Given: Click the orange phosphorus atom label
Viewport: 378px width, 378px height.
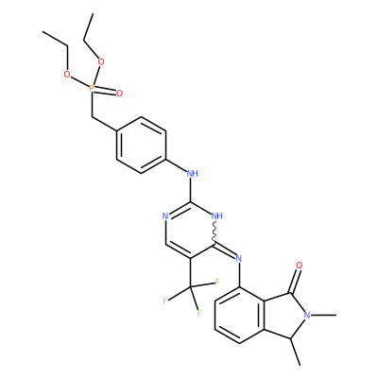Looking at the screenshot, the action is tap(92, 88).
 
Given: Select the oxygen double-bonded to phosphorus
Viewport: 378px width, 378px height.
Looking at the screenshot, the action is tap(119, 94).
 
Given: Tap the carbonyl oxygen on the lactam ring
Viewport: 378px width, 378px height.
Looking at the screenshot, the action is tap(299, 266).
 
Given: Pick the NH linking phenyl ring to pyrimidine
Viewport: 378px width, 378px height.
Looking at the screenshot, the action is tap(193, 173).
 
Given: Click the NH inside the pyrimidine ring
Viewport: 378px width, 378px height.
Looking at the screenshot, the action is tap(217, 215).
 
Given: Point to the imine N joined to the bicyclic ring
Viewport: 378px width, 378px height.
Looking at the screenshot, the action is tap(239, 259).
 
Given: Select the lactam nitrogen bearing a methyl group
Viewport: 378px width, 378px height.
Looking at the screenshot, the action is tap(307, 315).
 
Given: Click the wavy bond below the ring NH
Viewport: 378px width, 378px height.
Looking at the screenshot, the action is tap(215, 232).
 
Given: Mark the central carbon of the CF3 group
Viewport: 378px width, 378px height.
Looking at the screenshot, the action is tap(191, 287).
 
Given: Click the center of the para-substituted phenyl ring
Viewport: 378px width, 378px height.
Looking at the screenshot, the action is tap(141, 145).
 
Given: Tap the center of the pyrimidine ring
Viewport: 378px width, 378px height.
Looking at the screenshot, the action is tap(190, 230).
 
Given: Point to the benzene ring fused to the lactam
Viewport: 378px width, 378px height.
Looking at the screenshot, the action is tap(239, 315).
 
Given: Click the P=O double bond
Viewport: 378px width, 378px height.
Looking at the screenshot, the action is tap(105, 91).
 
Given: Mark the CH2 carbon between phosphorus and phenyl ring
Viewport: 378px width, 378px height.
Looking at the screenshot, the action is tap(93, 117).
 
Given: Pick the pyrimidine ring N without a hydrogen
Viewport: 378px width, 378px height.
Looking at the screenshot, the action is tap(165, 216).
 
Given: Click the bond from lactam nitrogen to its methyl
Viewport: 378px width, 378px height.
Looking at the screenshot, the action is tap(323, 315).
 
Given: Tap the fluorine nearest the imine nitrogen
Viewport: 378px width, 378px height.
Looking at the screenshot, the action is tap(217, 282).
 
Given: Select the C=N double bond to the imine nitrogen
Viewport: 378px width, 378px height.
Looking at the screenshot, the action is tap(225, 250).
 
